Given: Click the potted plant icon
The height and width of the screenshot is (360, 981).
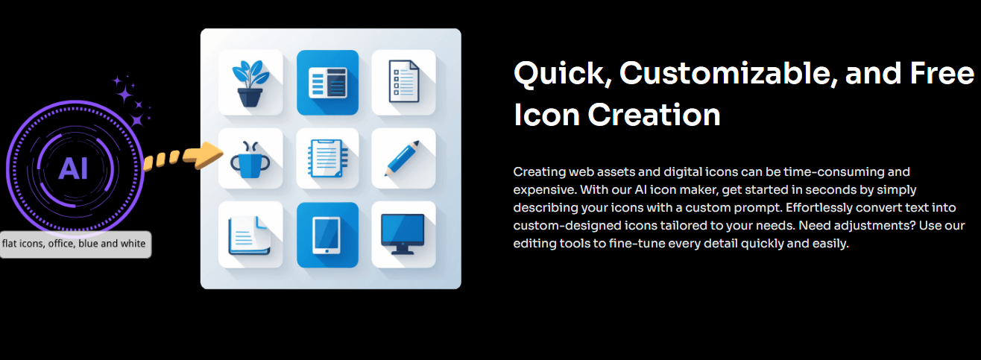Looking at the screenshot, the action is [250, 83].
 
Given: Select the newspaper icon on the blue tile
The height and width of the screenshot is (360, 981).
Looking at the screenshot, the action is [327, 82].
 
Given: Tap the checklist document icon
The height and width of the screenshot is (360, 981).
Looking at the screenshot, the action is [404, 81].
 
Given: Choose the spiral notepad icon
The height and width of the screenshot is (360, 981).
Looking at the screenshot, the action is [328, 158].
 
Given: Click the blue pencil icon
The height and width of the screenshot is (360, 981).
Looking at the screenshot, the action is [403, 158].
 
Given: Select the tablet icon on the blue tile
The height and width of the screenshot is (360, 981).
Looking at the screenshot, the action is [327, 236].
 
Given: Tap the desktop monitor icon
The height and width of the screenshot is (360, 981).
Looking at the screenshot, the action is [403, 234].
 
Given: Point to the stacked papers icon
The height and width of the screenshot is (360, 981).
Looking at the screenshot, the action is [249, 236].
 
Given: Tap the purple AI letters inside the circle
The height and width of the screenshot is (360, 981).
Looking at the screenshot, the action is [74, 168].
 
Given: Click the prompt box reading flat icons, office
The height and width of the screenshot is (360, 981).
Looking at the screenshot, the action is [75, 244].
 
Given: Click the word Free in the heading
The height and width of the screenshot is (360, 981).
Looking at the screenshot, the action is [942, 73].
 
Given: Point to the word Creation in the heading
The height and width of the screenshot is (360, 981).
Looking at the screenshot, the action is [654, 115].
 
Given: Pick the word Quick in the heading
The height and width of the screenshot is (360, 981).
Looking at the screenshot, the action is [562, 73].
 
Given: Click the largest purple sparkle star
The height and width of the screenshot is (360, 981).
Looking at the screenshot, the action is [124, 93].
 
